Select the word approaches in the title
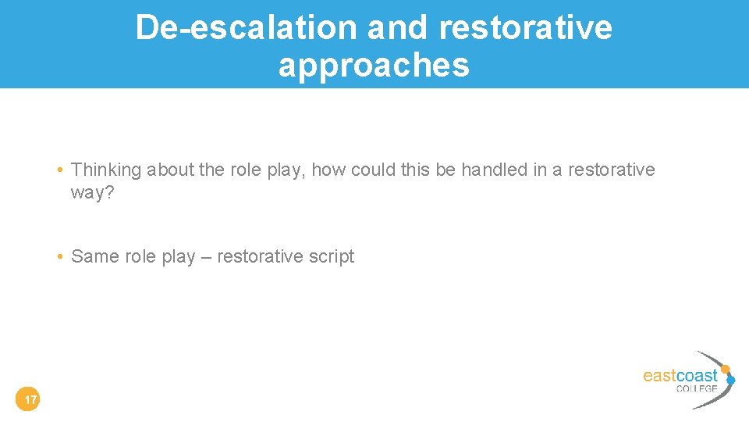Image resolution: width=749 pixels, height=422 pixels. click(x=374, y=65)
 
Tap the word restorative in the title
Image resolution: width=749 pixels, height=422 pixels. click(x=526, y=27)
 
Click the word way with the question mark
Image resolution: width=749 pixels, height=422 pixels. click(x=92, y=192)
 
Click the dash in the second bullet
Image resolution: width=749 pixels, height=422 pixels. click(x=205, y=257)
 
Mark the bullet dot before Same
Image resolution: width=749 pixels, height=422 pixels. click(x=60, y=257)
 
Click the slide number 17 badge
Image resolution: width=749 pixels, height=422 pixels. click(x=29, y=401)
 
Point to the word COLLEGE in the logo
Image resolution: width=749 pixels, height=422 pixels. click(x=696, y=388)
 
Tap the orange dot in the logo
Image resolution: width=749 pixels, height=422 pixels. click(x=726, y=369)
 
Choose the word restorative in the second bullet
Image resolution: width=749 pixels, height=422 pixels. click(x=261, y=256)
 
